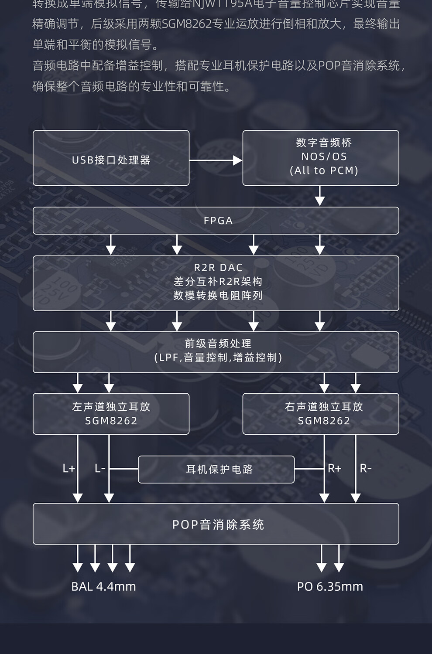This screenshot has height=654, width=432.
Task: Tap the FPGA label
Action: coord(218,221)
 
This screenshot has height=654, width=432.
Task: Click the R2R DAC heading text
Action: coord(218,268)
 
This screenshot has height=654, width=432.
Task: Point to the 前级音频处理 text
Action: coord(218,344)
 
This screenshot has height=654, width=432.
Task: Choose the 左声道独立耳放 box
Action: coord(111,413)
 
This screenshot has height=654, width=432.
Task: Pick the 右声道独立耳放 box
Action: coord(321,413)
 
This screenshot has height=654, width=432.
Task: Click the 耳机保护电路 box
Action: coord(216,470)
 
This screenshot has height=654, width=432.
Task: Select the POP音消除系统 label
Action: coord(218,525)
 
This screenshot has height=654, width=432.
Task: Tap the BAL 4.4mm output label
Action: coord(103,587)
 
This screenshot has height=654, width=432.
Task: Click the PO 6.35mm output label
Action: coord(330,587)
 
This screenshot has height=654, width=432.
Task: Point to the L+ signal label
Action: coord(69,469)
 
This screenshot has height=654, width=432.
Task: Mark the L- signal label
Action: coord(100,469)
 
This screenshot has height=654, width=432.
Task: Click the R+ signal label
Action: coord(334,469)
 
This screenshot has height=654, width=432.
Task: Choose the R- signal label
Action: coord(366,469)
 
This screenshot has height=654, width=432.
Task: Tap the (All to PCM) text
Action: coord(324,170)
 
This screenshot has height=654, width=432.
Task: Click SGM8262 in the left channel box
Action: coord(111,421)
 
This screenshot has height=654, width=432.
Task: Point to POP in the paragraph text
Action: coord(329,65)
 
